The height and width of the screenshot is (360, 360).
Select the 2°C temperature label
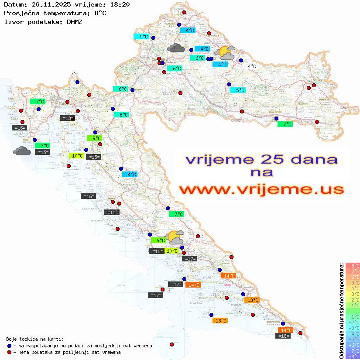point(74,75)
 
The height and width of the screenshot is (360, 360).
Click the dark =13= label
point(67,118)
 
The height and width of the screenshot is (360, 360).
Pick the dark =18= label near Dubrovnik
point(284,336)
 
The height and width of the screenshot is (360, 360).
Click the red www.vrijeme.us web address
point(261,190)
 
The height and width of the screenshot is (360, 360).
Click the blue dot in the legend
point(9,346)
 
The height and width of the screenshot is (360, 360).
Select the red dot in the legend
point(9,352)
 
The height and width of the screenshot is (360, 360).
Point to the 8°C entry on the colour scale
point(352,266)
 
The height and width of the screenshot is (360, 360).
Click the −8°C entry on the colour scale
point(352,357)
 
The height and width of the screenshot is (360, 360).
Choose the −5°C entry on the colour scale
point(352,339)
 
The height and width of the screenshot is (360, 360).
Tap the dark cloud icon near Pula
point(22,151)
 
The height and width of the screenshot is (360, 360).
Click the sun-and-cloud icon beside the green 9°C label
point(175,237)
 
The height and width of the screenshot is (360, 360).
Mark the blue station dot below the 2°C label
point(77,82)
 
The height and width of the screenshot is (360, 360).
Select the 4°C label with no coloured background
point(252,66)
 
